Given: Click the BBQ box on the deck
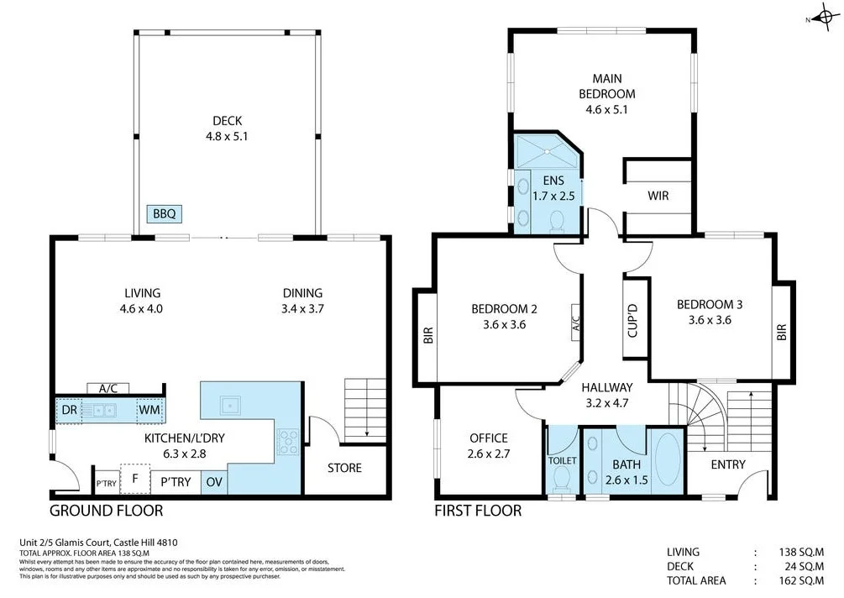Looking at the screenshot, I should (164, 214).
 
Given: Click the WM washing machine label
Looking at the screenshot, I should (149, 411).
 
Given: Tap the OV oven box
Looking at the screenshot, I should (213, 482).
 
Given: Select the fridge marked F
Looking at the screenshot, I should (134, 479).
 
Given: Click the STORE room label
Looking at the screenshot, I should (344, 468).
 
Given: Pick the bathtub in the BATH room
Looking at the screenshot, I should (668, 459).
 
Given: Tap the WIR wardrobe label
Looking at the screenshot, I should (658, 196).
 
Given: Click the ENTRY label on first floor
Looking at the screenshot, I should (728, 464).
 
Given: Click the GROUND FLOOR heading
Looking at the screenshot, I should (106, 511).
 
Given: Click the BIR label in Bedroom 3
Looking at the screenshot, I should (783, 333).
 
